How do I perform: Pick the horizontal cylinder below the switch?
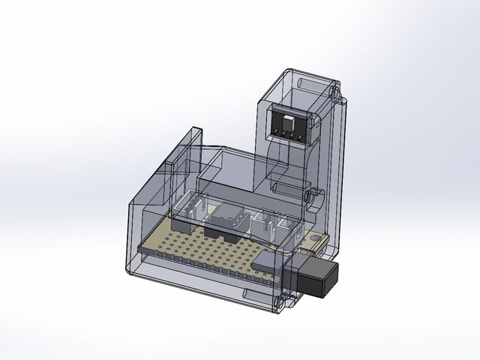286,182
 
